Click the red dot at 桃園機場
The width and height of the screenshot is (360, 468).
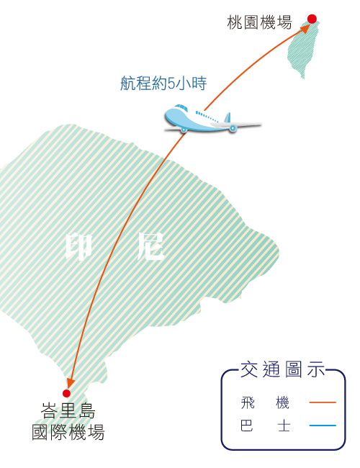[312, 19]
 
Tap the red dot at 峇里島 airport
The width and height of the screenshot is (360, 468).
[66, 393]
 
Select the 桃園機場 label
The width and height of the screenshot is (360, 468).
[259, 22]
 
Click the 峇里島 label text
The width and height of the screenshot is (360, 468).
[68, 410]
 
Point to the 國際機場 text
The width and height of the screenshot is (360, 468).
[68, 432]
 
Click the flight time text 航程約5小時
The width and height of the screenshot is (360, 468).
[163, 84]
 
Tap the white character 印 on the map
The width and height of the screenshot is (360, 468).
[78, 247]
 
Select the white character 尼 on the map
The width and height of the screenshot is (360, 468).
[150, 246]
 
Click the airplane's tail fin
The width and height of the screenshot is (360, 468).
[228, 117]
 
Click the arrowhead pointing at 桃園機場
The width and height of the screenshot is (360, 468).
[305, 29]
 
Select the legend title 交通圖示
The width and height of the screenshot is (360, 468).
[282, 369]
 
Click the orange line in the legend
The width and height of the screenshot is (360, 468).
[323, 402]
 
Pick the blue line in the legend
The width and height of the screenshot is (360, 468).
[323, 426]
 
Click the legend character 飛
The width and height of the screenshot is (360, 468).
[248, 402]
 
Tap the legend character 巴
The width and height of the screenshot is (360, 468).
[247, 426]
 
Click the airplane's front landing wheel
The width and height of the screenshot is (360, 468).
[184, 130]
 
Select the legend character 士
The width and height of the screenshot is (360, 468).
[284, 426]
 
